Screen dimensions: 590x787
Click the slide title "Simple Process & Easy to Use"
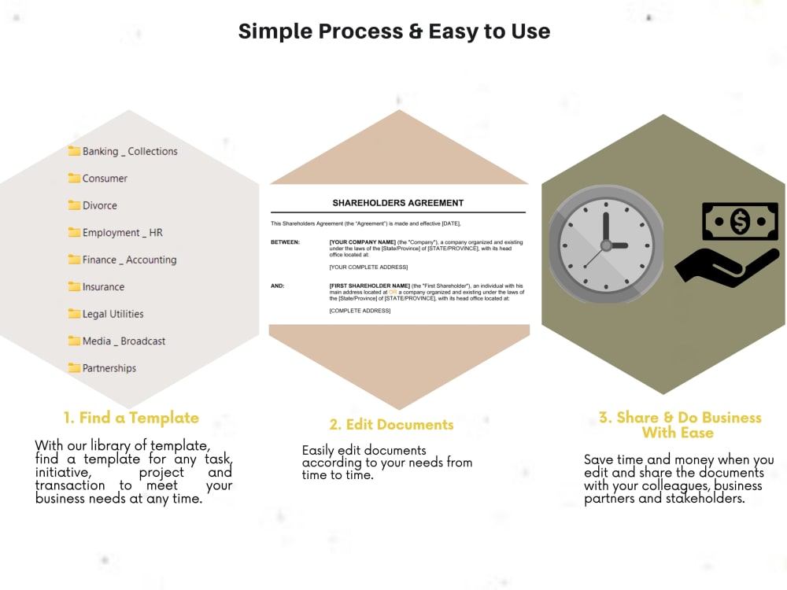393,31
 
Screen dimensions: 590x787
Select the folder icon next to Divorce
75,205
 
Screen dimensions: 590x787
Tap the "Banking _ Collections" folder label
130,151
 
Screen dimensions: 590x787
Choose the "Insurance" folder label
103,287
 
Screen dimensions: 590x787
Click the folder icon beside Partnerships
75,368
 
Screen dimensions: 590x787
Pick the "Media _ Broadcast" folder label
124,341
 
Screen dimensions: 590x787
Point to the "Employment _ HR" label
122,233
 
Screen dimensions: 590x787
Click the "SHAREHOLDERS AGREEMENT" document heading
398,203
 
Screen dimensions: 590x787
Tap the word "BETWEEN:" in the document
285,242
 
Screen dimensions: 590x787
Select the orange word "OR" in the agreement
393,293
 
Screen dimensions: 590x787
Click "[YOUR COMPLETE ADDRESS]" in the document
368,267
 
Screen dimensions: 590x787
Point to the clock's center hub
606,245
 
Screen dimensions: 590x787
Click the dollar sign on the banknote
740,222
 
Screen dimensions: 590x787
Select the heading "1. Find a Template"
131,418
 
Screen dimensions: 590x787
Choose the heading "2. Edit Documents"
391,425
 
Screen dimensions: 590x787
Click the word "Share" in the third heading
637,418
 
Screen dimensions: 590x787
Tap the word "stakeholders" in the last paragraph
705,499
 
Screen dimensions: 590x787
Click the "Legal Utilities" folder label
113,314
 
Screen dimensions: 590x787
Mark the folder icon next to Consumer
75,179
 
